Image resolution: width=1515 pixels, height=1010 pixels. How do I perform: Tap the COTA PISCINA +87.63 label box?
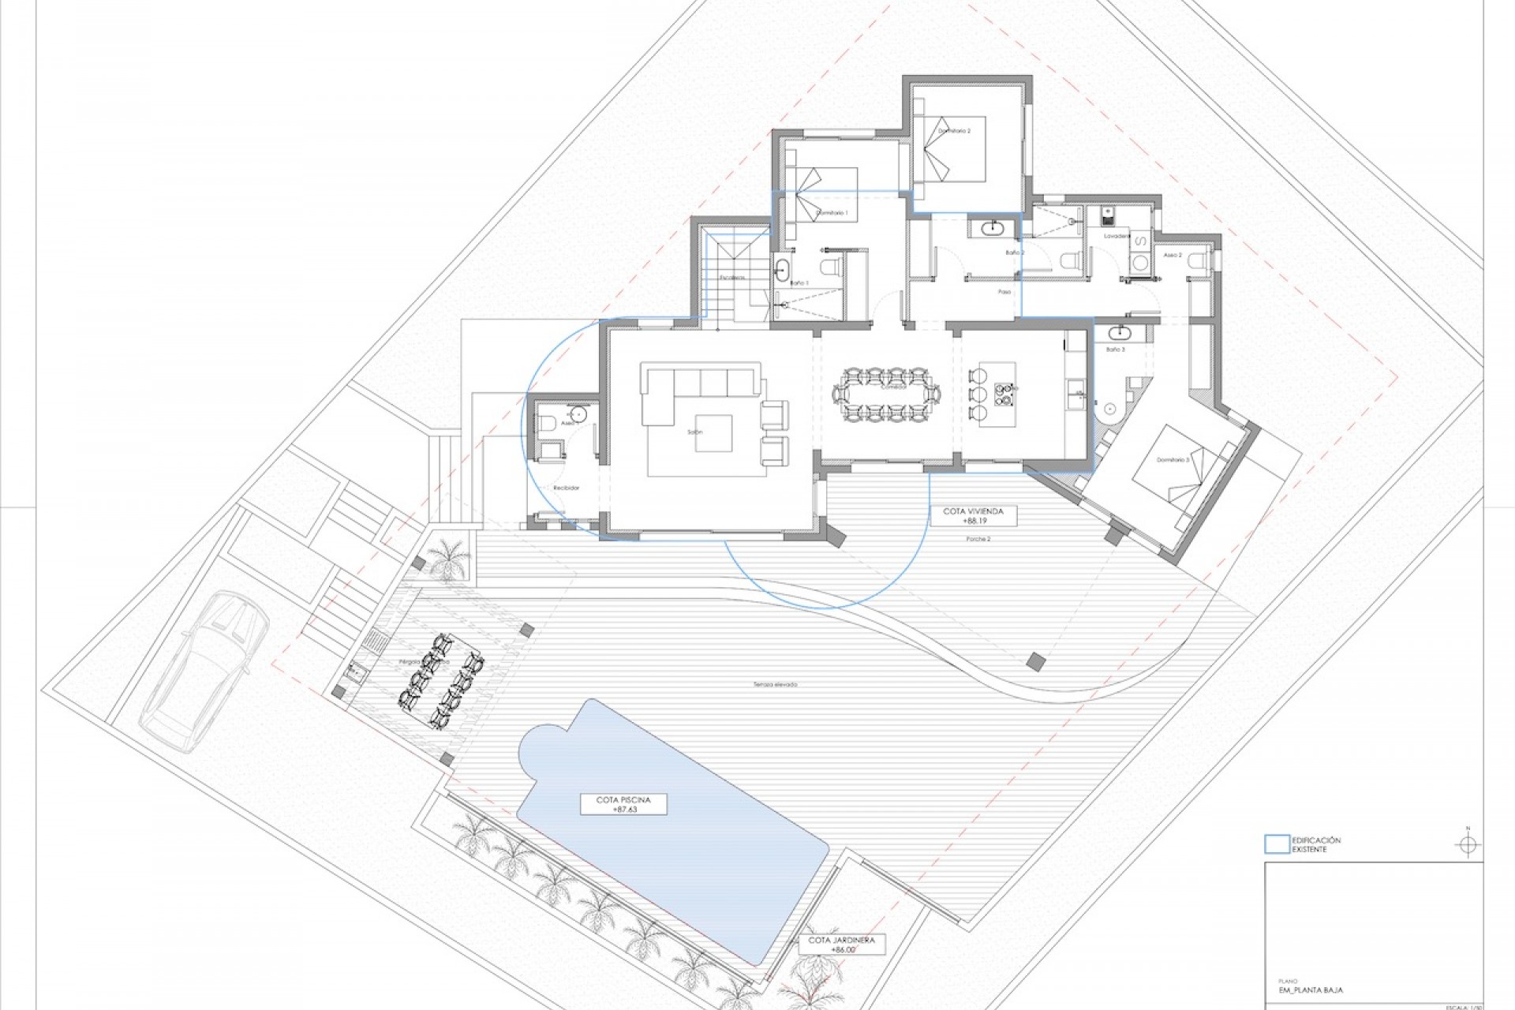click(x=623, y=804)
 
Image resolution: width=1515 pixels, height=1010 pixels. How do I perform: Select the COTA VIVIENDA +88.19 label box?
click(x=973, y=516)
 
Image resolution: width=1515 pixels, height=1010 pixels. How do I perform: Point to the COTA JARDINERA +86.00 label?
click(x=842, y=945)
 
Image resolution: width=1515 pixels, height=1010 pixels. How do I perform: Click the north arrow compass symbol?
click(x=1468, y=845)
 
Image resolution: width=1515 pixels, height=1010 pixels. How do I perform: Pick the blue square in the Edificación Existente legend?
click(x=1277, y=844)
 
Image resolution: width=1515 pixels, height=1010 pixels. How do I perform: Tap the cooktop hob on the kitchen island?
click(x=1004, y=392)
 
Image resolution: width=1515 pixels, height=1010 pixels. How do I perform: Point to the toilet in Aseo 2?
click(x=1197, y=260)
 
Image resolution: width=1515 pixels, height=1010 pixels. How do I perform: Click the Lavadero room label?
click(x=1117, y=236)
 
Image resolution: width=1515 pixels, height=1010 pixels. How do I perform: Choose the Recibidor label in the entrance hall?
click(x=566, y=488)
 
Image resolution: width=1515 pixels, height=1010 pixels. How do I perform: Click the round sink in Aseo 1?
click(x=578, y=413)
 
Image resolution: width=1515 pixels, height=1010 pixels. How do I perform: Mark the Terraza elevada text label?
click(x=775, y=684)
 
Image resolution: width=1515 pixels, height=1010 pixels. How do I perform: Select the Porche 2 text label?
click(x=978, y=539)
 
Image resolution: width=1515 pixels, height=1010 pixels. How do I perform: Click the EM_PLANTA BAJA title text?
click(x=1310, y=989)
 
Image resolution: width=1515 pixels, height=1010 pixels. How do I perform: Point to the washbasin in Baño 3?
click(x=1119, y=332)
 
